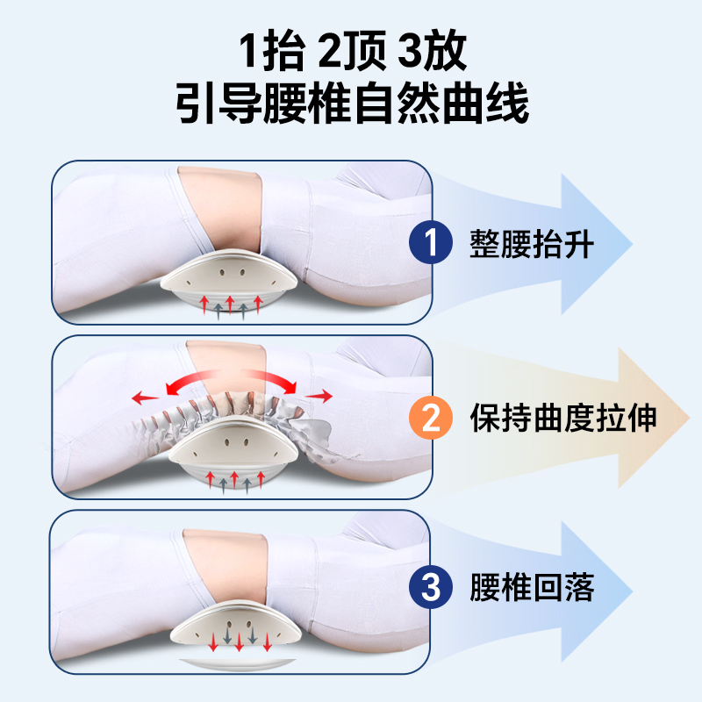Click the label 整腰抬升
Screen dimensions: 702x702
(532, 243)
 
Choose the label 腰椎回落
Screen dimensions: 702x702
(532, 587)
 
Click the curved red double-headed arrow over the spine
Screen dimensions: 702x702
(230, 380)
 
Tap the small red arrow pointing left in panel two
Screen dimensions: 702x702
(145, 398)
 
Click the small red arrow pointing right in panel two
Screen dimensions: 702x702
(323, 396)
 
